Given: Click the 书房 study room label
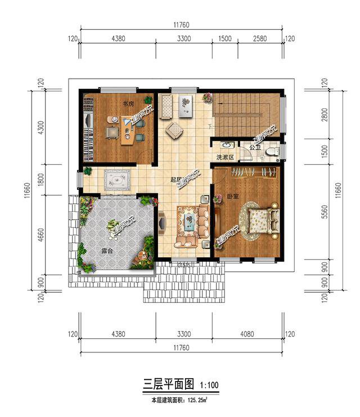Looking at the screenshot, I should (128, 105).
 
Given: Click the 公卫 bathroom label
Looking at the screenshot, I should (254, 148).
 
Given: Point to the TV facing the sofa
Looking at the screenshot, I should (162, 223).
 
